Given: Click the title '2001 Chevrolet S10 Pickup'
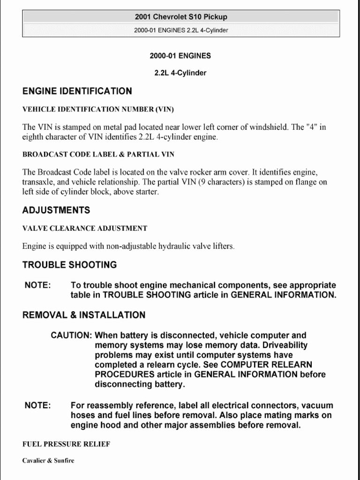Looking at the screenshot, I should point(180,17).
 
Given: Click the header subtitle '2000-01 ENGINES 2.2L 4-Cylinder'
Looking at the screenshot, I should point(180,30).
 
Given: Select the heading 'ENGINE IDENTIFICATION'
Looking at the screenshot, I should point(77,91).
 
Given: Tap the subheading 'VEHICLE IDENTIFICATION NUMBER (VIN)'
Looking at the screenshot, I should point(98,110).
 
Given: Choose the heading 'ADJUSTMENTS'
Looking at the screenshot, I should point(56,210).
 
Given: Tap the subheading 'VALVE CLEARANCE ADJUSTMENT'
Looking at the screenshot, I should point(85,228).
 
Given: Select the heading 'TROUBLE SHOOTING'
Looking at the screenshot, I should point(69,265).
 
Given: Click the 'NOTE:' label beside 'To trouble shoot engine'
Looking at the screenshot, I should point(37,285).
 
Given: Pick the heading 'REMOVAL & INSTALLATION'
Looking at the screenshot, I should point(84,315).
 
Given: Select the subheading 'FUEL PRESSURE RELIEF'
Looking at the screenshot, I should point(66,444).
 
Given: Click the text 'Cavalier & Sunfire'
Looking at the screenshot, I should point(48,460).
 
